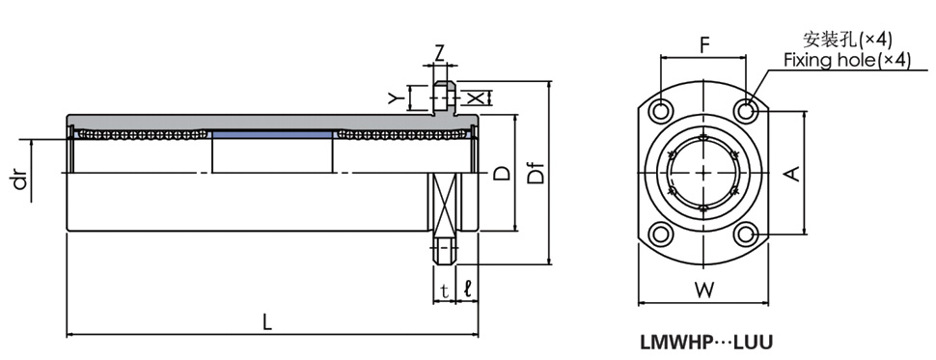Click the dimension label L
point(267,322)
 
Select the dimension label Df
point(537,173)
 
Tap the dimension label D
point(503,173)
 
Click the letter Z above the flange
point(440,54)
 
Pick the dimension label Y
point(393,97)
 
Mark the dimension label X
point(474,97)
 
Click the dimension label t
point(444,291)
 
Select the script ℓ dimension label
point(467,291)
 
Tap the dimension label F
point(704,45)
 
